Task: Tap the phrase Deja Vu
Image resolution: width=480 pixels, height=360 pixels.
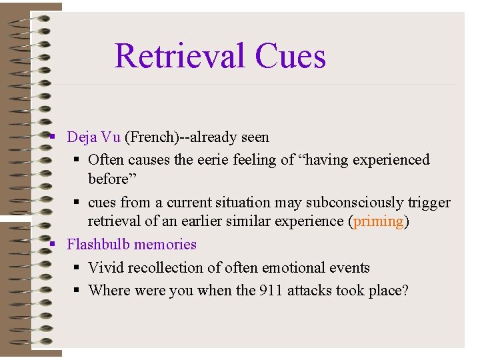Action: point(93,137)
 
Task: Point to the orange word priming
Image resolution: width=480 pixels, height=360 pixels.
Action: point(379,221)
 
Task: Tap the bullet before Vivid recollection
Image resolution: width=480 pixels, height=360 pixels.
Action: point(77,267)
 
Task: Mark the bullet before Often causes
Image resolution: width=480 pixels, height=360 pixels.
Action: point(77,160)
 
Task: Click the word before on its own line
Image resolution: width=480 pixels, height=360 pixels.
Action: point(108,179)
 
